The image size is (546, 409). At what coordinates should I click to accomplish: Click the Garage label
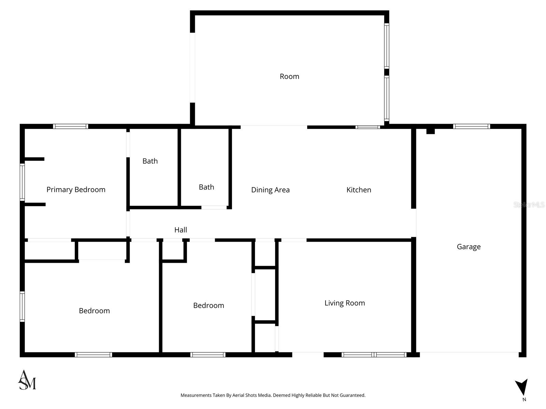point(469,246)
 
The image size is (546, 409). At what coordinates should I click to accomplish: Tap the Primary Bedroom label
point(76,190)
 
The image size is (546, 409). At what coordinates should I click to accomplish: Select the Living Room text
point(345,303)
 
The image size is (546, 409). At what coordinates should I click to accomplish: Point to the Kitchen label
point(359,190)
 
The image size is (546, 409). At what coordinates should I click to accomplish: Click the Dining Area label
point(270,190)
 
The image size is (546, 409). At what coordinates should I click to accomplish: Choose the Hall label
point(181,230)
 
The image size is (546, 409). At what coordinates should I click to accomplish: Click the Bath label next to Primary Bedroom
point(150,161)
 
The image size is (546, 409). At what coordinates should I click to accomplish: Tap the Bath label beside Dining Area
point(206,187)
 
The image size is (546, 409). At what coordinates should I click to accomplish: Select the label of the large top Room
point(289,76)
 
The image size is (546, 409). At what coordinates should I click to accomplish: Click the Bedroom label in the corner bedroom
point(94,310)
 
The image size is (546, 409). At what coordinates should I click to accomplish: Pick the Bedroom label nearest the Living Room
point(209,305)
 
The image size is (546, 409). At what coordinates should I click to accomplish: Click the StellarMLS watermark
point(529,205)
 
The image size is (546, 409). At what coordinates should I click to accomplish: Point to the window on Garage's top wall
point(472,126)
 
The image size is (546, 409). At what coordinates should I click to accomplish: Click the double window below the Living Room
point(374,355)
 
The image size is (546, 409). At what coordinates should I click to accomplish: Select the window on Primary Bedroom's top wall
point(71,126)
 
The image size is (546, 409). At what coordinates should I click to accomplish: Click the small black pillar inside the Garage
point(430,131)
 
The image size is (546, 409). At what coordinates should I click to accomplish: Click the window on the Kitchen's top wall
point(368,127)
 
